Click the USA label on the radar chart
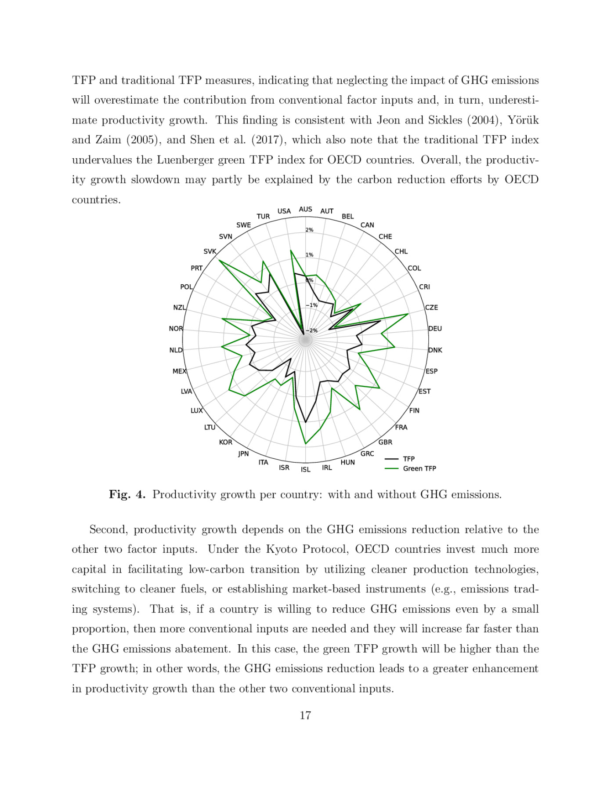click(x=284, y=211)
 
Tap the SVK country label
click(x=210, y=251)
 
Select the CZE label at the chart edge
click(x=431, y=308)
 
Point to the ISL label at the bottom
click(x=305, y=469)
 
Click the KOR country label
click(x=225, y=442)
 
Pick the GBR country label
click(x=385, y=442)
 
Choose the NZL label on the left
click(x=179, y=308)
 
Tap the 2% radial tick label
click(x=309, y=230)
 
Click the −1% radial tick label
click(x=311, y=305)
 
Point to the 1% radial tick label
click(x=309, y=255)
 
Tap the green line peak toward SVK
click(x=219, y=261)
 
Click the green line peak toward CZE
click(x=408, y=314)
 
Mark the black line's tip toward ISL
click(x=306, y=422)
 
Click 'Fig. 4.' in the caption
click(x=127, y=494)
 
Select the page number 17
click(x=305, y=715)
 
